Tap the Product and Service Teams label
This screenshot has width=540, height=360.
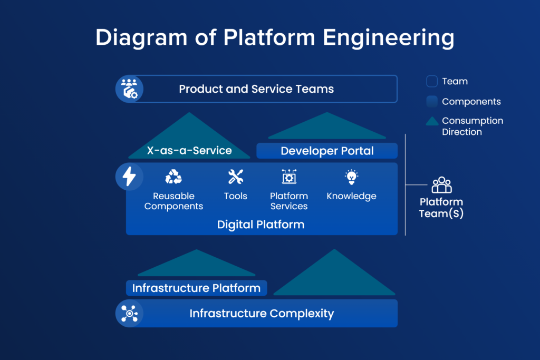(x=256, y=89)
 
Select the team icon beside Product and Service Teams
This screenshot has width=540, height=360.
(x=129, y=89)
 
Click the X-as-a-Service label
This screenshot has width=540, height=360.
(x=189, y=151)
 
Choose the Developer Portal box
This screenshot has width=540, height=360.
(x=327, y=151)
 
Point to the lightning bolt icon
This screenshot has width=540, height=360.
(x=129, y=177)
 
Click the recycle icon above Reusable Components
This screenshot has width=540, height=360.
(x=173, y=178)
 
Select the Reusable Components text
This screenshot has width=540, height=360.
(x=173, y=201)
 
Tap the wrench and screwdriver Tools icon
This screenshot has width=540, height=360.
(x=235, y=177)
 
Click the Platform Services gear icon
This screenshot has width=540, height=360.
(x=289, y=177)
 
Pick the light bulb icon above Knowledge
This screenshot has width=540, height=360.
(x=351, y=177)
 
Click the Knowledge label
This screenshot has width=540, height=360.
(x=351, y=196)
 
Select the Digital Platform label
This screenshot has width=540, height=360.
(x=261, y=225)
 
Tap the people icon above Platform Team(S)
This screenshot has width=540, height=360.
(x=441, y=185)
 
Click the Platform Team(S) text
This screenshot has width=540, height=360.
(x=441, y=208)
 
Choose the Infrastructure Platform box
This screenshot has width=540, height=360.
(x=196, y=288)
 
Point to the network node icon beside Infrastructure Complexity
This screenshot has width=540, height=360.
(x=129, y=314)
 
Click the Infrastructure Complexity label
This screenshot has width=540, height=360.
(x=262, y=314)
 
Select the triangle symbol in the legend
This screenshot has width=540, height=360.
(x=432, y=121)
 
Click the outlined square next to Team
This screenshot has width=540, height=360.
(x=432, y=82)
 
